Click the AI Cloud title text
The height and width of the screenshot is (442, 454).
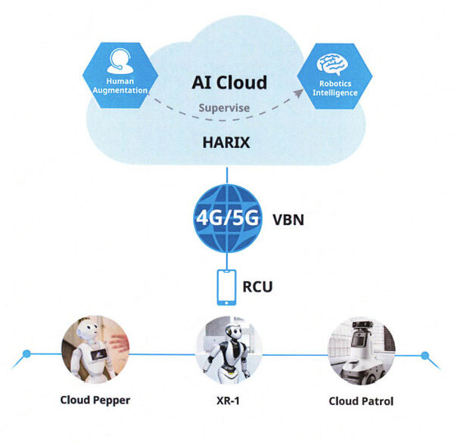(x=229, y=82)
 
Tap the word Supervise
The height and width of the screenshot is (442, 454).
(x=224, y=108)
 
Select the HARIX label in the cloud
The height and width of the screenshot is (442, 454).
(x=225, y=140)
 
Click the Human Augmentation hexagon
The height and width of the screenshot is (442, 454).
(x=119, y=76)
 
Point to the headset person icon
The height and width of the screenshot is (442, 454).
(x=119, y=60)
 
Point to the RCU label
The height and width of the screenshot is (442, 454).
(x=258, y=286)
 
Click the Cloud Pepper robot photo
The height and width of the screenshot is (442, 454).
(x=95, y=350)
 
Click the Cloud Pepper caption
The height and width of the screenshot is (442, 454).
(x=95, y=400)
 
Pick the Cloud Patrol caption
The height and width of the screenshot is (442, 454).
(x=361, y=400)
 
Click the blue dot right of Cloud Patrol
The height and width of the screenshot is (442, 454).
(x=424, y=354)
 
